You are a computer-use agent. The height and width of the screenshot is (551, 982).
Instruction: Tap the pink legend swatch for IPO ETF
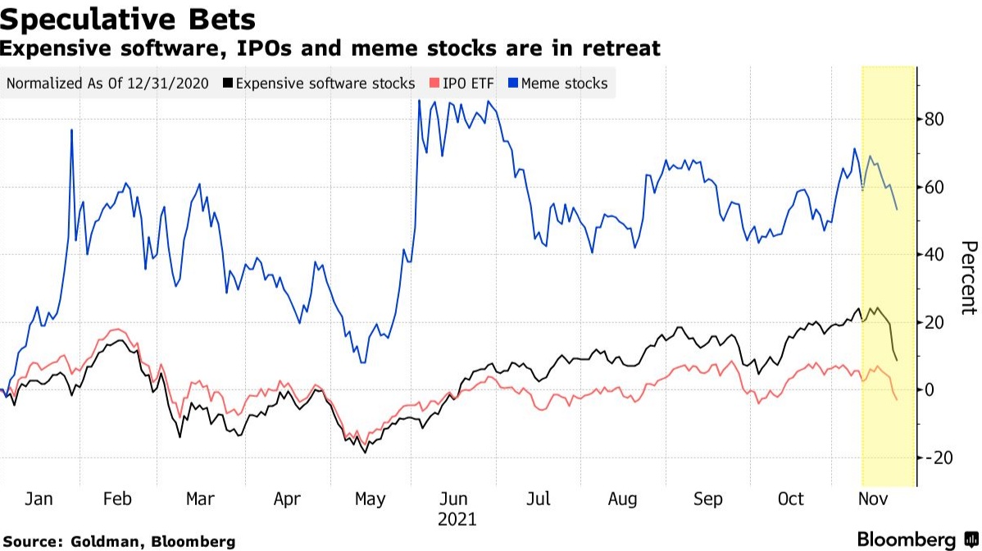tap(434, 84)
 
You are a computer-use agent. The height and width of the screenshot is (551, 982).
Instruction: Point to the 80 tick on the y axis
tap(935, 120)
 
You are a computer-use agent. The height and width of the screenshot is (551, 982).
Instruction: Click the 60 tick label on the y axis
tap(935, 187)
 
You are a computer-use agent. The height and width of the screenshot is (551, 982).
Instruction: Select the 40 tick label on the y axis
tap(935, 255)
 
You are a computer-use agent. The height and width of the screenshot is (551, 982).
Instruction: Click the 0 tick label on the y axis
tap(930, 389)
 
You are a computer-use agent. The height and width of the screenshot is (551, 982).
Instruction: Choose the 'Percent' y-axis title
tap(968, 278)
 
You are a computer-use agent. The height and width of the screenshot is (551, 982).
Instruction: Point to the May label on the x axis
tap(369, 499)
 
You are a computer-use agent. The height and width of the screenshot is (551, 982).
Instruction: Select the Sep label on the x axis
tap(707, 499)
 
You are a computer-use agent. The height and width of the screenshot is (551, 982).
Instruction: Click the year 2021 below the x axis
tap(457, 519)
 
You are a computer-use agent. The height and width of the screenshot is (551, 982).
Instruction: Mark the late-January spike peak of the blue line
tap(71, 130)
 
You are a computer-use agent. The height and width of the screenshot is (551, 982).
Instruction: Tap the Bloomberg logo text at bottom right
tap(906, 540)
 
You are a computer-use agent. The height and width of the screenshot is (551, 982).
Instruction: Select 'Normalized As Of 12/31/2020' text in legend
tap(107, 84)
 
